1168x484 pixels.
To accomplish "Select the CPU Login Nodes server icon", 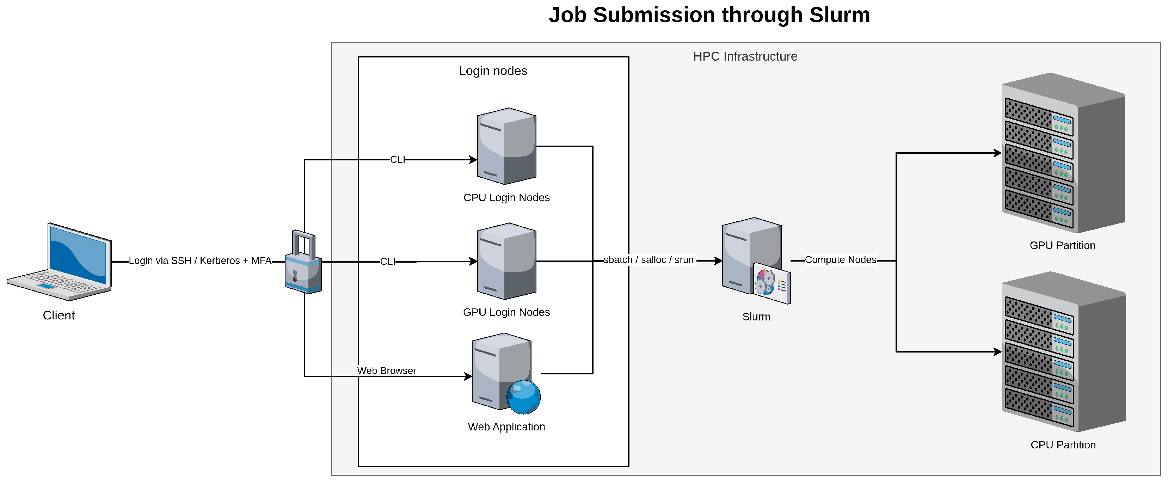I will [x=506, y=146].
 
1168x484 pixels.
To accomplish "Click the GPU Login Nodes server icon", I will [x=506, y=261].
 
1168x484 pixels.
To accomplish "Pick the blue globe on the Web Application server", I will [x=523, y=397].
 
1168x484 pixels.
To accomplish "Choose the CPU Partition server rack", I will [x=1063, y=351].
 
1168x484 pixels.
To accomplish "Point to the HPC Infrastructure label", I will [x=745, y=56].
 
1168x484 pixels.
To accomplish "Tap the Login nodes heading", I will [x=493, y=71].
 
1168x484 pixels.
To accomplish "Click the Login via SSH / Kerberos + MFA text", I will [x=200, y=261].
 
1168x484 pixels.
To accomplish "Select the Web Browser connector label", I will [x=386, y=370].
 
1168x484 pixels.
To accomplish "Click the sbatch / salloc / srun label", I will [x=648, y=260].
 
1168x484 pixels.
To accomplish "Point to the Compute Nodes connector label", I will [x=840, y=260].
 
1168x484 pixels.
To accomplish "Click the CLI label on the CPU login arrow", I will [x=398, y=160].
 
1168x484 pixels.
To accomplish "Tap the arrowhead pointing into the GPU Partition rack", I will [x=997, y=153].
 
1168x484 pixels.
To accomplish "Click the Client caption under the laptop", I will [x=59, y=315].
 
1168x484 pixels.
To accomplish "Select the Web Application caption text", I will [x=506, y=427].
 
